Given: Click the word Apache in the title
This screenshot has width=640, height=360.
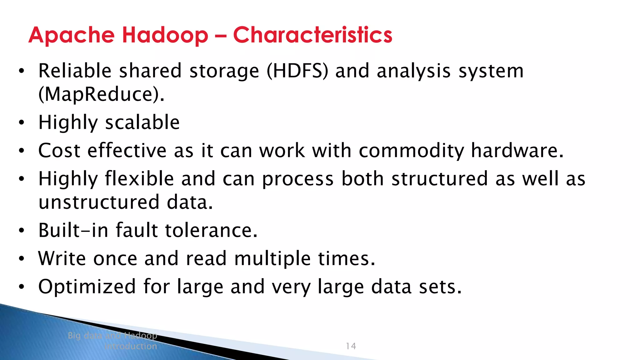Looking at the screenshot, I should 72,35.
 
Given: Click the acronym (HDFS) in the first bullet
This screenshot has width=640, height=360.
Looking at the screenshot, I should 297,71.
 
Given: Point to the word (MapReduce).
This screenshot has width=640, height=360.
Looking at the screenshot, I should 101,94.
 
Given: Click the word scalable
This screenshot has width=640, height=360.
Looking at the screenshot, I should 142,122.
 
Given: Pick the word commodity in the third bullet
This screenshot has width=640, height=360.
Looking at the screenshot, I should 411,151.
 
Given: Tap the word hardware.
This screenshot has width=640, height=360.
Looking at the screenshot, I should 517,151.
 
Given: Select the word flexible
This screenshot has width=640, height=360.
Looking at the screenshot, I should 139,179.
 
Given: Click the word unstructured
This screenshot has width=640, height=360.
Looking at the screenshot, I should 99,202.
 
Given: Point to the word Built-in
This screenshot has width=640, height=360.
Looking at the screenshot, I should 73,230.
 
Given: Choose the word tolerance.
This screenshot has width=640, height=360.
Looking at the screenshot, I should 211,230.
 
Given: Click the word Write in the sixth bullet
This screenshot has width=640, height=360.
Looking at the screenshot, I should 62,258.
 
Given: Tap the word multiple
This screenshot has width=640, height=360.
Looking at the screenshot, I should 272,259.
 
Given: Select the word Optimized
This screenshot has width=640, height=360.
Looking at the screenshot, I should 87,287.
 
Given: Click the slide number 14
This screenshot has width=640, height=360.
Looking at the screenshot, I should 351,346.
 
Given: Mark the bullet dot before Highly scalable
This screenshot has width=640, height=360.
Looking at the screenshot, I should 21,123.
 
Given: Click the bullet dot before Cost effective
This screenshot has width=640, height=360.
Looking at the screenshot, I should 21,151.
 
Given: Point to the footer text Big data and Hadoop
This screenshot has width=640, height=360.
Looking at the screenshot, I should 112,336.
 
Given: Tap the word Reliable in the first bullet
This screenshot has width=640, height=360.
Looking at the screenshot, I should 75,71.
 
